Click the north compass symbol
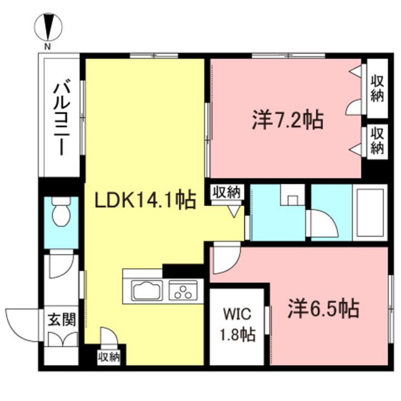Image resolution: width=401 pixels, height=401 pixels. pyautogui.click(x=48, y=27)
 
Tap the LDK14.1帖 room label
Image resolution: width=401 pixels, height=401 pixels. pyautogui.click(x=145, y=200)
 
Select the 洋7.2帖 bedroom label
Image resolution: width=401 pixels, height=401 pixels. pyautogui.click(x=288, y=120)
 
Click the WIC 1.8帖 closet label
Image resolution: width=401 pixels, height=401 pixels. pyautogui.click(x=238, y=324)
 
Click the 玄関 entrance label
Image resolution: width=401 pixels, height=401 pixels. pyautogui.click(x=62, y=320)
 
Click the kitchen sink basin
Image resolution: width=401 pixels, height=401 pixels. pyautogui.click(x=147, y=291)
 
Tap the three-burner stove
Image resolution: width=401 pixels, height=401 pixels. pyautogui.click(x=183, y=291)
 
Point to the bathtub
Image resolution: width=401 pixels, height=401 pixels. pyautogui.click(x=370, y=213)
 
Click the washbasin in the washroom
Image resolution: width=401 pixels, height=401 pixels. pyautogui.click(x=293, y=194)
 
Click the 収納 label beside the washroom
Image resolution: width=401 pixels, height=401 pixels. pyautogui.click(x=227, y=192)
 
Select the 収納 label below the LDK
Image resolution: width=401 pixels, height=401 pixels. pyautogui.click(x=109, y=357)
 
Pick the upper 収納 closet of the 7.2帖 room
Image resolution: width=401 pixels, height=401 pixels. pyautogui.click(x=378, y=89)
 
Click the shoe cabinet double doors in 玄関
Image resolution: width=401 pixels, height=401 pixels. pyautogui.click(x=62, y=339)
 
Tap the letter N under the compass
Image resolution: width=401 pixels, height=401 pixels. pyautogui.click(x=47, y=47)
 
